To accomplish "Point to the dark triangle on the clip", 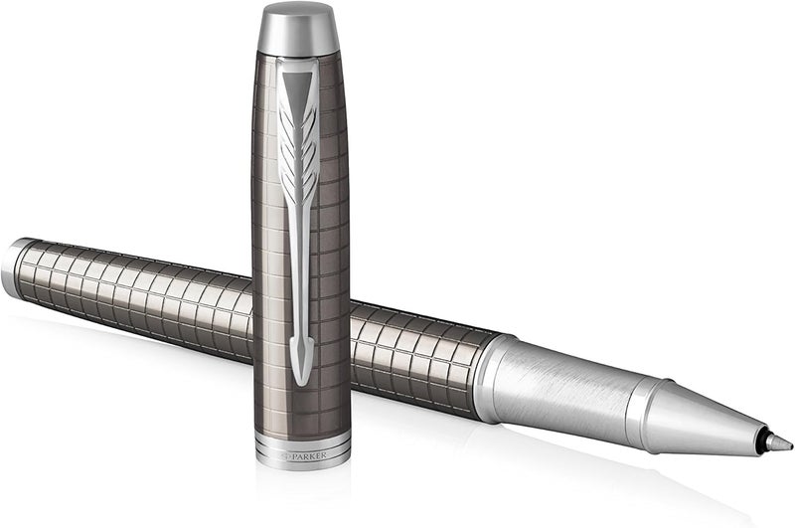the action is pyautogui.click(x=298, y=87).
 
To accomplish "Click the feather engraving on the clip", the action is pyautogui.click(x=299, y=152).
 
